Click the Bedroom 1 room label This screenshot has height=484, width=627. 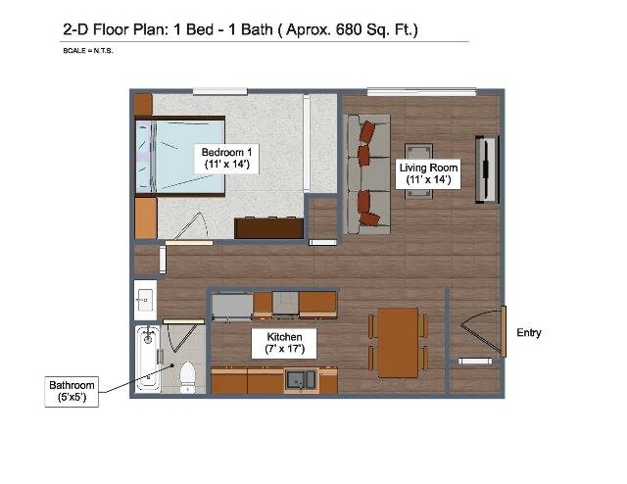226,159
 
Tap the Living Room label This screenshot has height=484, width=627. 428,173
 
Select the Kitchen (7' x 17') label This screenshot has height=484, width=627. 284,343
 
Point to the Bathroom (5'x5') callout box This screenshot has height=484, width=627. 72,392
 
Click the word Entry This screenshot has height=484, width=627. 529,333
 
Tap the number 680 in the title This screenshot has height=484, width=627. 350,29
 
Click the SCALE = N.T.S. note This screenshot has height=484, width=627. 88,51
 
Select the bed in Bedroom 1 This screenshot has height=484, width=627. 180,156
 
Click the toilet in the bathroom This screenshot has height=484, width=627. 187,377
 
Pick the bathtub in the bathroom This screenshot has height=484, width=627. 148,359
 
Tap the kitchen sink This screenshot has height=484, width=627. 301,379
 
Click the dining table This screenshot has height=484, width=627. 399,342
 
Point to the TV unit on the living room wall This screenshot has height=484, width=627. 487,169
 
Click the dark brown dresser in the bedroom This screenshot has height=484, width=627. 268,228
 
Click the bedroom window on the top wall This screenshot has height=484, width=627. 219,91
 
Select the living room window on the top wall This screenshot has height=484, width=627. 421,92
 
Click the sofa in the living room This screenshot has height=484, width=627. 366,174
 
